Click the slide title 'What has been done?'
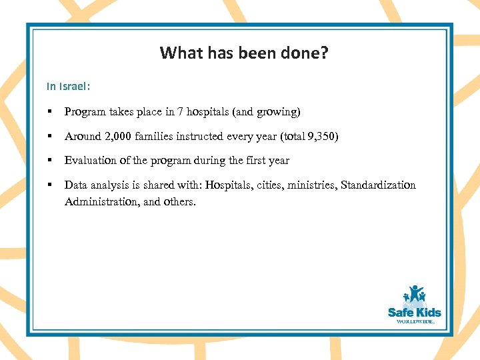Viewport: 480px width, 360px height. (x=244, y=53)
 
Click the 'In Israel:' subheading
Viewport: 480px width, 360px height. (x=69, y=87)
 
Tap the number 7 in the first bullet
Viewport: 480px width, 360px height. (x=180, y=112)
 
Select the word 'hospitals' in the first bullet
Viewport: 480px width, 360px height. (x=208, y=112)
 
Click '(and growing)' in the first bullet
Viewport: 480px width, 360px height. (x=267, y=112)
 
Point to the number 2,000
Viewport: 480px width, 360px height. (x=115, y=137)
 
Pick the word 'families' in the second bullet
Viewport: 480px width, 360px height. (x=154, y=137)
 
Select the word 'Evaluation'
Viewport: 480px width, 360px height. (x=89, y=161)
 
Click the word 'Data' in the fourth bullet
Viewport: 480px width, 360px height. (x=75, y=185)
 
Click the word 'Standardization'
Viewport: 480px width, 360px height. (x=378, y=185)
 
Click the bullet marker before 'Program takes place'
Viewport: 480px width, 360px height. (x=49, y=112)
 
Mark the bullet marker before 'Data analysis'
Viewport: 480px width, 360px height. (x=49, y=185)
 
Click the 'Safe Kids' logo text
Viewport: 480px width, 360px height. (x=414, y=312)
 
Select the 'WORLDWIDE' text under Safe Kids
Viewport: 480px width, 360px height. (x=415, y=321)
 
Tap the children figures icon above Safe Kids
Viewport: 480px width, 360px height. (x=415, y=295)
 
